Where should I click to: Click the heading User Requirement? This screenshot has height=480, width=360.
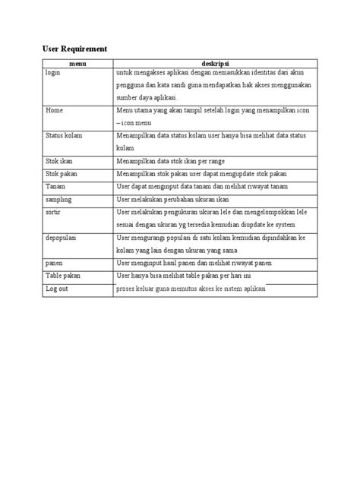tap(74, 49)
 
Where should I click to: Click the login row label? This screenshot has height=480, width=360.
tap(52, 72)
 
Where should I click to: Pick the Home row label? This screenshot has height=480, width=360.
tap(54, 110)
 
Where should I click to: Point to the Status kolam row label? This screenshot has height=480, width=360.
tap(64, 135)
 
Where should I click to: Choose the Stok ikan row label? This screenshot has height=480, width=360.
tap(60, 161)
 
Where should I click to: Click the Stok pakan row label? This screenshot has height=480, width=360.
tap(62, 173)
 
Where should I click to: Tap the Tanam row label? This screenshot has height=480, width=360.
tap(55, 186)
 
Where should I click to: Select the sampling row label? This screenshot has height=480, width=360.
tap(58, 199)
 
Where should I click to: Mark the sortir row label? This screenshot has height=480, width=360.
tap(53, 212)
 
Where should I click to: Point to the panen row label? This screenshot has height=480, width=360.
tap(53, 263)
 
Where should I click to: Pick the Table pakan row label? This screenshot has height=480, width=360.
tap(63, 275)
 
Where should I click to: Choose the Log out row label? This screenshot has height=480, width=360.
tap(57, 289)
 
